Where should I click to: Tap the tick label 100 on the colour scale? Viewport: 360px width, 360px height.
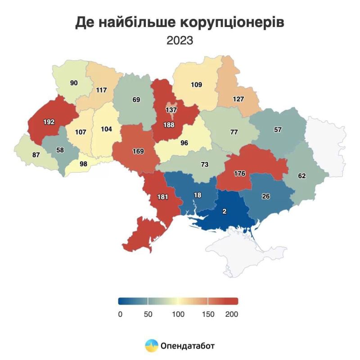[x=178, y=314]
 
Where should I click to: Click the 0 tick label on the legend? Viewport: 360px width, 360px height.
[x=120, y=314]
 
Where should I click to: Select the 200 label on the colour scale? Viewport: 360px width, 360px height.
[x=231, y=314]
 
